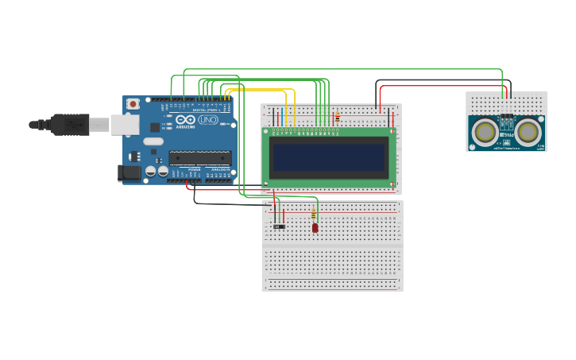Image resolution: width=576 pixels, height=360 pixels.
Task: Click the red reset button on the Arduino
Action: (x=133, y=103)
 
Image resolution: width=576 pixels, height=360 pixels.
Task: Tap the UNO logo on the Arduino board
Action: (x=208, y=120)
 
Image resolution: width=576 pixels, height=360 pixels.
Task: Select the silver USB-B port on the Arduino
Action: (x=125, y=124)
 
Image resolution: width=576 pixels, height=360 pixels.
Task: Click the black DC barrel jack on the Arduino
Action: (x=130, y=172)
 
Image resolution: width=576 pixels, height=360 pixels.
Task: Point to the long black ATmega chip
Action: (x=199, y=157)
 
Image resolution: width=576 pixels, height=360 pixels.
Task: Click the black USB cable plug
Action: (x=70, y=125)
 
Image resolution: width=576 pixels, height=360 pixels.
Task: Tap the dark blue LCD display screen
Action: (x=329, y=157)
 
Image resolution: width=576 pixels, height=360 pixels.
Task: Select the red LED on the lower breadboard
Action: (x=315, y=228)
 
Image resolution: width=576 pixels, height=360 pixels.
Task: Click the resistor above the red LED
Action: (x=313, y=214)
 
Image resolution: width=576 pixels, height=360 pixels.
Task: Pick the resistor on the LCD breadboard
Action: (x=337, y=118)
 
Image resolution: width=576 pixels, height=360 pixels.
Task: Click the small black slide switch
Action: (x=279, y=226)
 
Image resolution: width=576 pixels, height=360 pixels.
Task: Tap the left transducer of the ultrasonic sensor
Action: (x=485, y=131)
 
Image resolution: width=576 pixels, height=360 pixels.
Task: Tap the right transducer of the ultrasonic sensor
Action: (x=528, y=131)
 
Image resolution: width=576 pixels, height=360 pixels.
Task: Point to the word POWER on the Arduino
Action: (x=195, y=169)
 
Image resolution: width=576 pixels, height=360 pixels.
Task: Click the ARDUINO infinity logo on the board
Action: (x=184, y=120)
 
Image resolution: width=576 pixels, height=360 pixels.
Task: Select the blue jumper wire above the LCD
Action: (x=279, y=116)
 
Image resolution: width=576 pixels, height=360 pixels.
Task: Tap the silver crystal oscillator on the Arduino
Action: (x=153, y=141)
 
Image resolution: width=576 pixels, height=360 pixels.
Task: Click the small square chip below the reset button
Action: (x=154, y=127)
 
